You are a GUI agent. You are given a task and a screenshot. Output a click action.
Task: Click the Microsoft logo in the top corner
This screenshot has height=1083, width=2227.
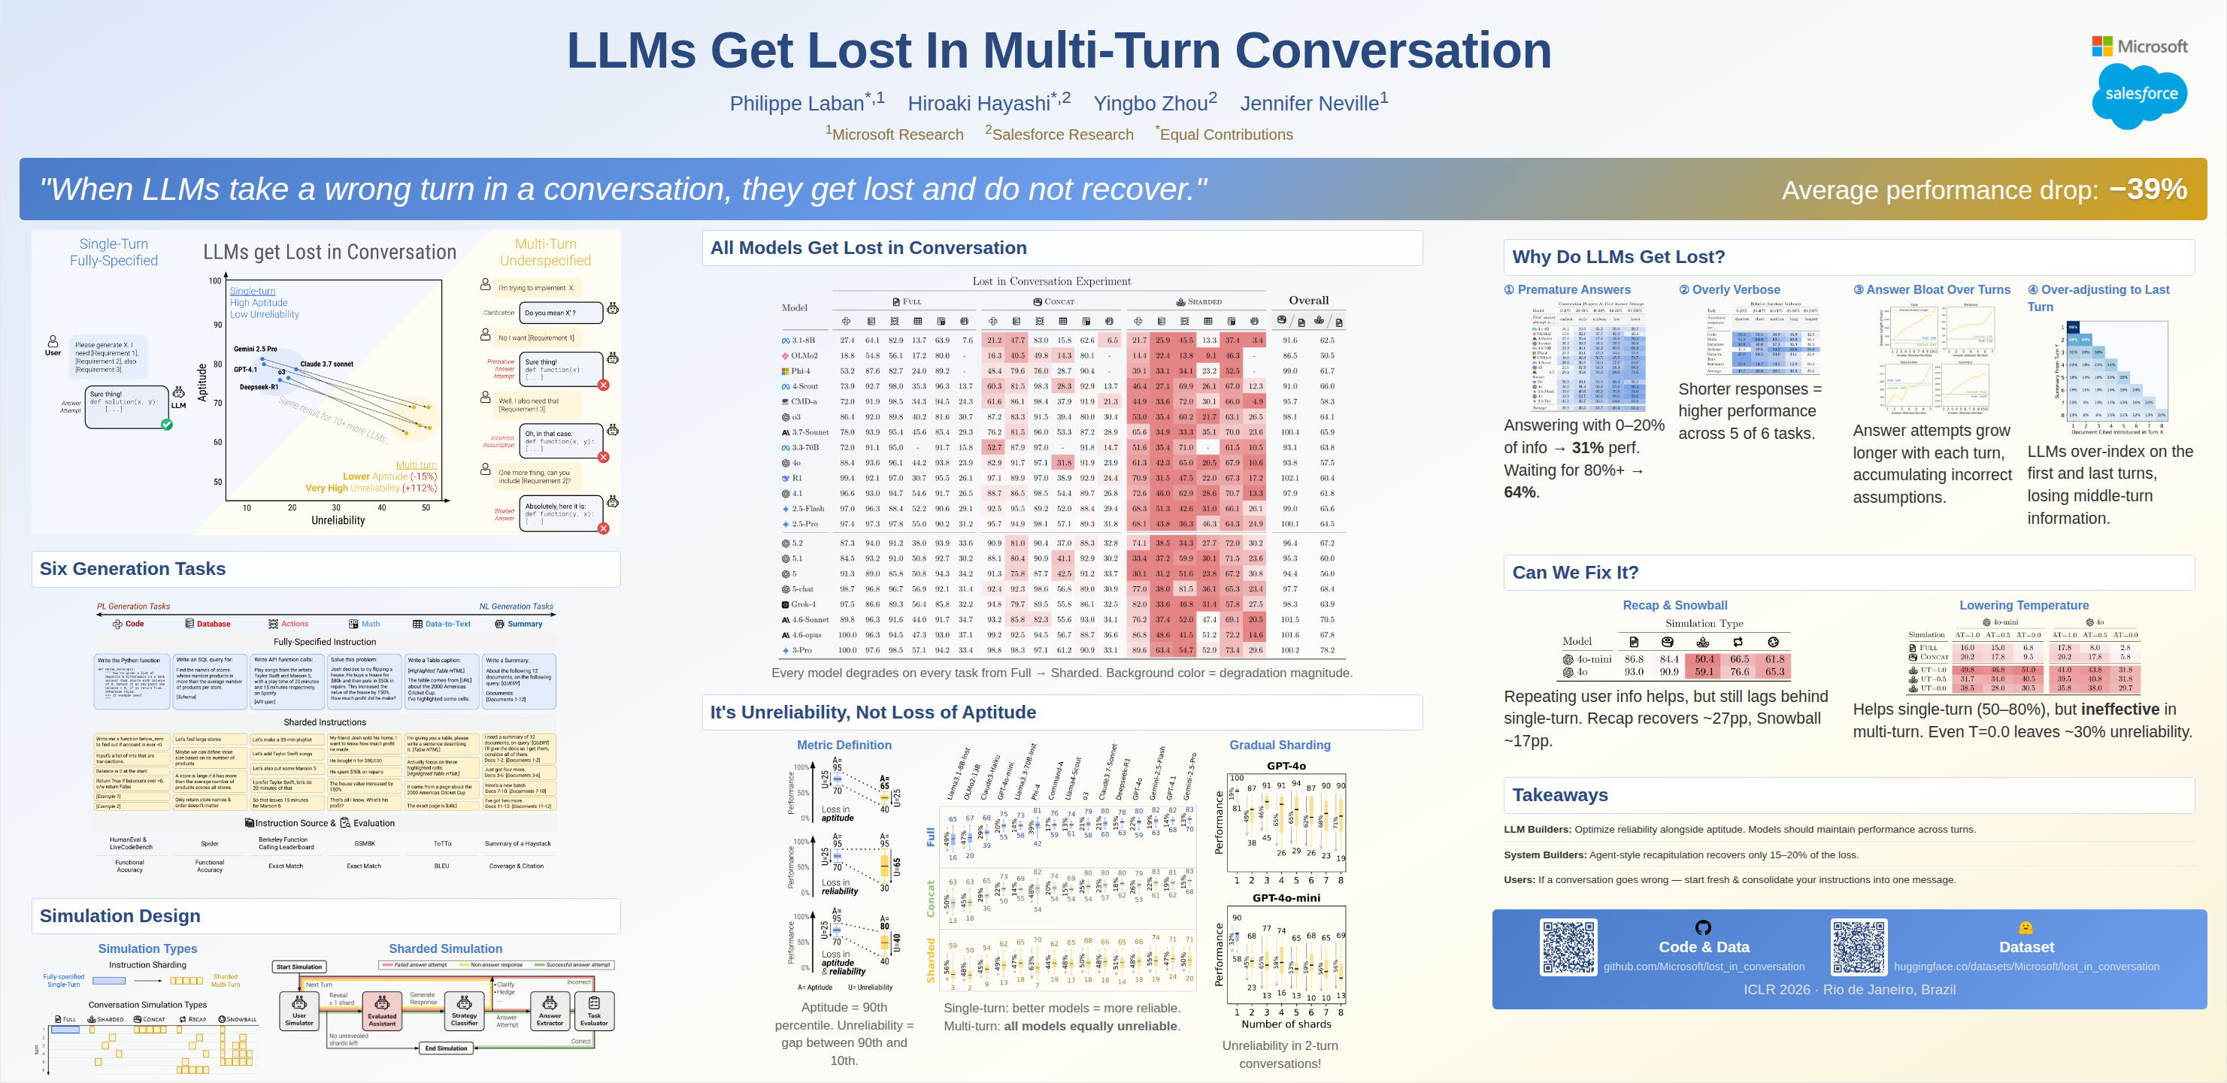click(x=2139, y=46)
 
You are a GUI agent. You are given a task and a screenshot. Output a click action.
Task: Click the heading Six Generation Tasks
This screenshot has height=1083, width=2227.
click(x=132, y=569)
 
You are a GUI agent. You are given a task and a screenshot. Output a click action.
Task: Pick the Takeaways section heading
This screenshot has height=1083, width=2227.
click(x=1559, y=795)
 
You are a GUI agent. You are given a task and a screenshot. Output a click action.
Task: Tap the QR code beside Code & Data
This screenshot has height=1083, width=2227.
click(x=1568, y=946)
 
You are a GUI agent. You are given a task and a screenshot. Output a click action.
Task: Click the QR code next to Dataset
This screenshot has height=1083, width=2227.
click(x=1859, y=946)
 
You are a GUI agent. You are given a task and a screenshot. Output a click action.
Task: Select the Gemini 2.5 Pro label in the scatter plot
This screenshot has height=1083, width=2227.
click(x=255, y=349)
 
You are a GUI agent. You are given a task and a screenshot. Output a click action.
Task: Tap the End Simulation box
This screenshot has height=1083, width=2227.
click(x=445, y=1048)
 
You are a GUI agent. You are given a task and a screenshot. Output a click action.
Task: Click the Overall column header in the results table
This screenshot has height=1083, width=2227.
click(x=1308, y=301)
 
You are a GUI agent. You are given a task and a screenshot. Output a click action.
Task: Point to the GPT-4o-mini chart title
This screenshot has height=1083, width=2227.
click(x=1286, y=898)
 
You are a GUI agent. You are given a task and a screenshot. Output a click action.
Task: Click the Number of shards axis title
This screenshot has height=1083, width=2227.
click(x=1286, y=1024)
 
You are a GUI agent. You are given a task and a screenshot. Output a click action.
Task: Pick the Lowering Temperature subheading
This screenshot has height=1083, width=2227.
click(x=2023, y=605)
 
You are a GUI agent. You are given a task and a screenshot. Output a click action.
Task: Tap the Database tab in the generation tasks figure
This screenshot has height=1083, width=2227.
click(x=208, y=624)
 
